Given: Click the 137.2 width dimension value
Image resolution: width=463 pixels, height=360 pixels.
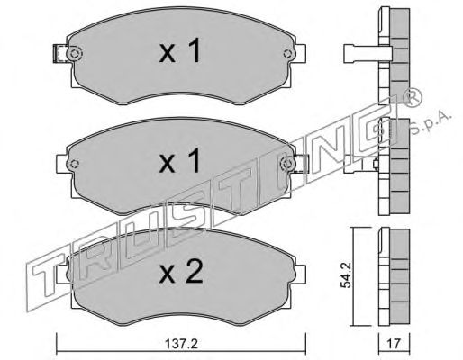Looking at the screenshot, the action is tap(181, 344).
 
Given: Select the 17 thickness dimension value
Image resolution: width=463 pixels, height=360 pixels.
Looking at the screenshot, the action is tap(394, 344).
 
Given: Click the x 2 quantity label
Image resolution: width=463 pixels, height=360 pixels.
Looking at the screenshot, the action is tap(181, 272).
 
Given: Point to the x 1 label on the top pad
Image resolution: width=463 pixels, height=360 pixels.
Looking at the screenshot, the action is tap(179, 51).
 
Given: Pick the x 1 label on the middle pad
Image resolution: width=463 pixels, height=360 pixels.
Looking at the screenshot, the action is tap(179, 161).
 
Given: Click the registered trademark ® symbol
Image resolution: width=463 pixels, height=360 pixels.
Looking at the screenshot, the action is tap(413, 98).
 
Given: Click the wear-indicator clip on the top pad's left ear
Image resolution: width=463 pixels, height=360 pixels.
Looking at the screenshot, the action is tap(59, 54).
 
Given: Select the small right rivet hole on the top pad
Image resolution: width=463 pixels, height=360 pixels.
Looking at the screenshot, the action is tap(287, 53).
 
